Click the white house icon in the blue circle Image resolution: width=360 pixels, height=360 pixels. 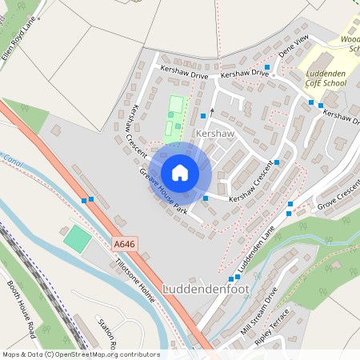coord(180,172)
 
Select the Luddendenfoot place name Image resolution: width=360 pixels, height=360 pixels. coord(206,289)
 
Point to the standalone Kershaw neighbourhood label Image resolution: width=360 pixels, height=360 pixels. coord(214,134)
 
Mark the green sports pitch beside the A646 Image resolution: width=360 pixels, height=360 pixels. coord(77,237)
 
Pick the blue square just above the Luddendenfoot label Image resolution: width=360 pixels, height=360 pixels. coord(231,278)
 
